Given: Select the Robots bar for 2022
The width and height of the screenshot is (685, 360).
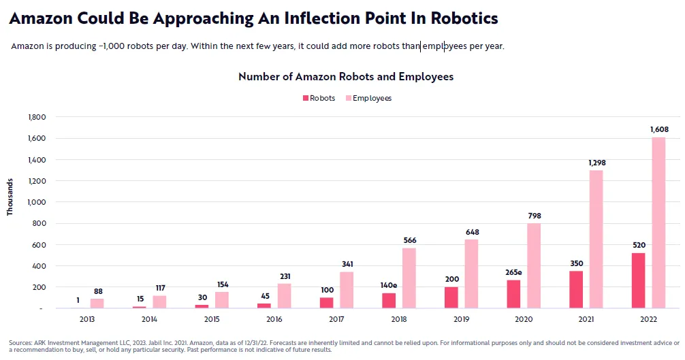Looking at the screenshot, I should [x=638, y=280].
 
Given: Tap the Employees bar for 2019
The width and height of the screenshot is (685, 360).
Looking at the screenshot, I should [x=472, y=274].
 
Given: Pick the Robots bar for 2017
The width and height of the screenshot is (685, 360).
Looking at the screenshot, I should [x=326, y=303].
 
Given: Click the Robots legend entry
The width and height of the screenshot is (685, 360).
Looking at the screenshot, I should [x=319, y=98].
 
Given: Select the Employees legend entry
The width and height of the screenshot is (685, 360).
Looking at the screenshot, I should [x=367, y=98].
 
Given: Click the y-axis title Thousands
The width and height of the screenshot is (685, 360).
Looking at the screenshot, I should [x=10, y=197].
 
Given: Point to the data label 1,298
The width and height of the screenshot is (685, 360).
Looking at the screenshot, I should [x=596, y=163].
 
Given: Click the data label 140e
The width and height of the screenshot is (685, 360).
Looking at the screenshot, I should [x=389, y=286].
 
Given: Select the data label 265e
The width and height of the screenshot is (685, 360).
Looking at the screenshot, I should [x=513, y=272].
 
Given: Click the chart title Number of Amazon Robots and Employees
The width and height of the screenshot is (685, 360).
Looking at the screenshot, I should [x=346, y=77].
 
